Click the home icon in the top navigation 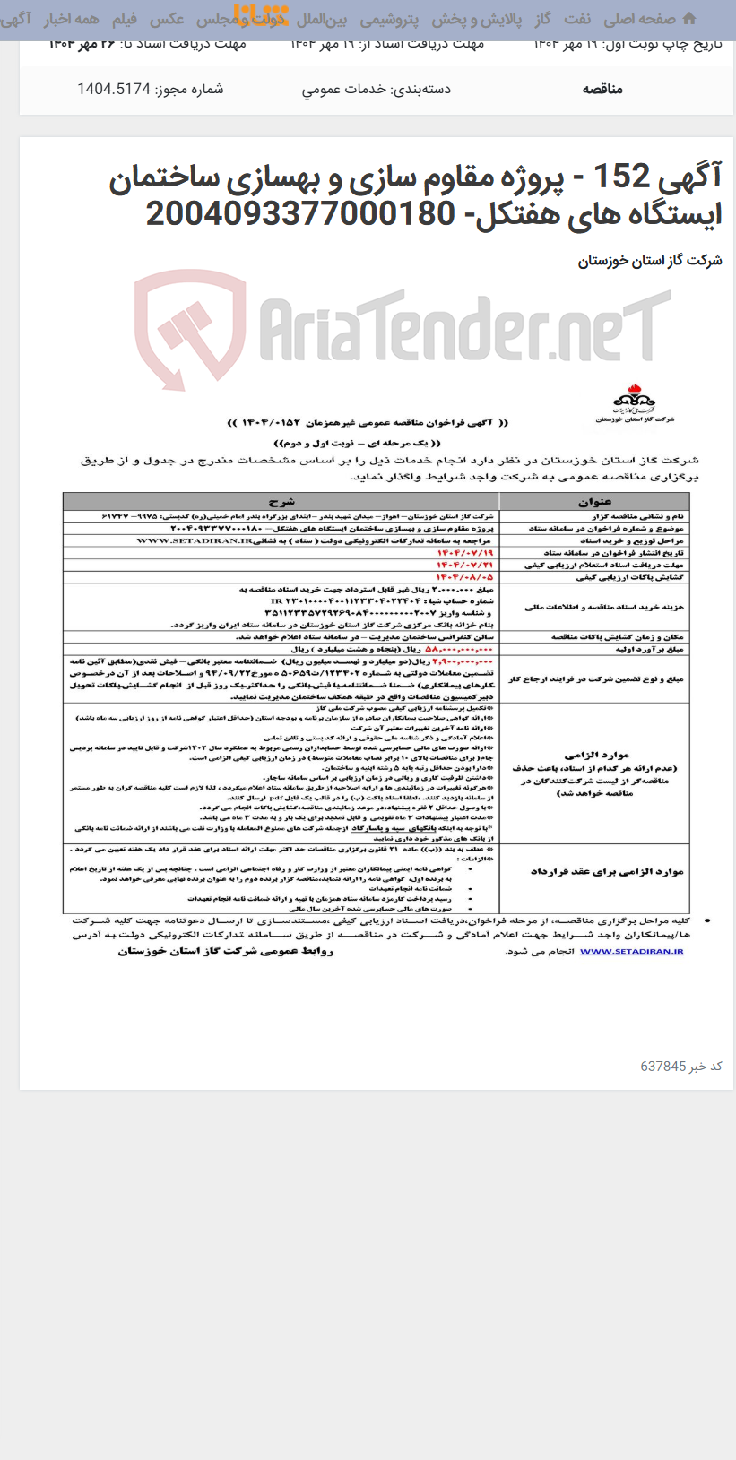pyautogui.click(x=688, y=19)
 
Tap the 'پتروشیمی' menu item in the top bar pyautogui.click(x=389, y=19)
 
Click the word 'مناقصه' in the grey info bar pyautogui.click(x=602, y=89)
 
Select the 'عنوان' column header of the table pyautogui.click(x=593, y=501)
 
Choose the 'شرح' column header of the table pyautogui.click(x=281, y=501)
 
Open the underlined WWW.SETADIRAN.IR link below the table pyautogui.click(x=619, y=952)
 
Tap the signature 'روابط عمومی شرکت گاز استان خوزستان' pyautogui.click(x=225, y=951)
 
